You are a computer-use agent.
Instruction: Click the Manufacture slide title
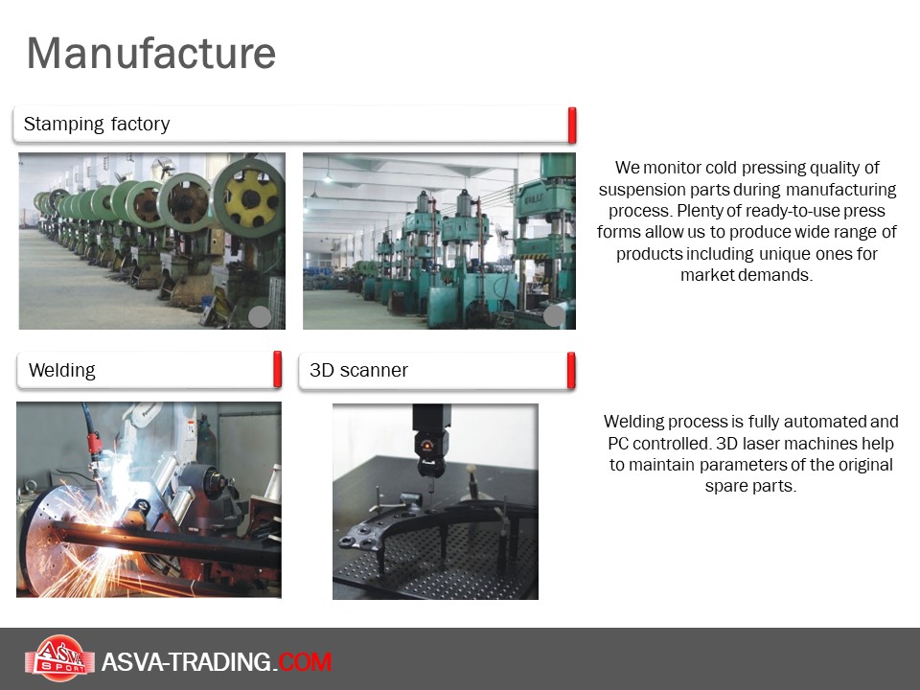coord(151,54)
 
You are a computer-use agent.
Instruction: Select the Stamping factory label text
coord(97,124)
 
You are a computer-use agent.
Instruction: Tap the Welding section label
coord(61,370)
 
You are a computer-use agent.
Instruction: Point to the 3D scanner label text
coord(358,370)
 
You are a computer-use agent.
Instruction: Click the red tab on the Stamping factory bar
coord(571,125)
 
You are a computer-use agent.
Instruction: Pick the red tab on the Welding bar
coord(278,370)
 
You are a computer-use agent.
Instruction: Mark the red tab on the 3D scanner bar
coord(571,370)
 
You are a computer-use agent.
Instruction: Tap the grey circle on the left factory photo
coord(260,317)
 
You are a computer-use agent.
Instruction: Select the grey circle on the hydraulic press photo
coord(555,316)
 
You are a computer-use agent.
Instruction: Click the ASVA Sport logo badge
coord(59,658)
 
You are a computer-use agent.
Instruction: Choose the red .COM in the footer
coord(305,662)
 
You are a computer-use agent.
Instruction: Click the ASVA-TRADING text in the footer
coord(186,662)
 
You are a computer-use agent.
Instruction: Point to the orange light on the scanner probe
coord(426,444)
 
